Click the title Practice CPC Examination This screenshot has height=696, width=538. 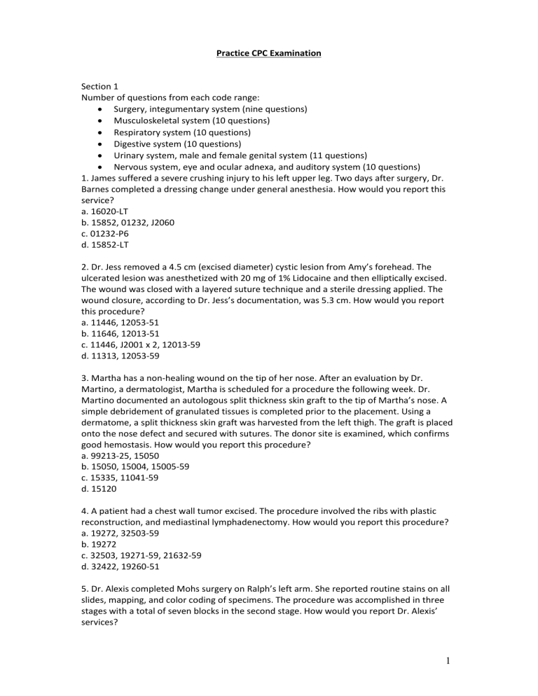pyautogui.click(x=269, y=53)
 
